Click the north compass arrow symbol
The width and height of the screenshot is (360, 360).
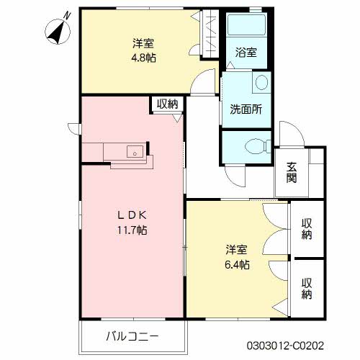click(56, 30)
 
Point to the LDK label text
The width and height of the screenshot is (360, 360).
click(132, 216)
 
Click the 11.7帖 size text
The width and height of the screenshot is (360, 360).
click(132, 231)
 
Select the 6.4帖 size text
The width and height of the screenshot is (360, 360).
click(237, 265)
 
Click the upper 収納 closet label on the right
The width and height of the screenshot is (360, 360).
click(307, 228)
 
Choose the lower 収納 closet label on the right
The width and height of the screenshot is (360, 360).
click(307, 288)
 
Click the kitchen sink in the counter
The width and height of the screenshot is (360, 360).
click(134, 152)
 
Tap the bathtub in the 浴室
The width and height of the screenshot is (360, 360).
click(246, 27)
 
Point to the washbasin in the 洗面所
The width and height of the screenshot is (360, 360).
click(261, 83)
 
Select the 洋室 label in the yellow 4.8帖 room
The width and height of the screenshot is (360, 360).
click(144, 43)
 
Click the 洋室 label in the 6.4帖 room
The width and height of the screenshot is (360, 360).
click(237, 250)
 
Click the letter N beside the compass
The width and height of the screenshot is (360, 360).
click(66, 14)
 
